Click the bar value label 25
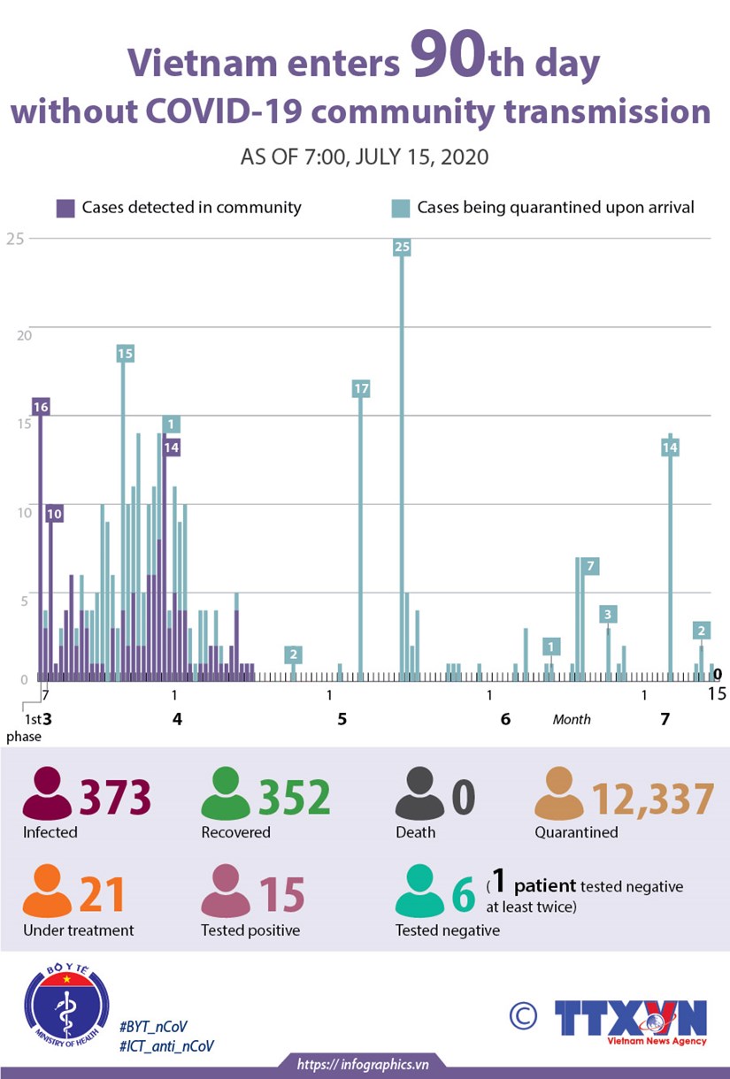click(402, 247)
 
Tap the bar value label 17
click(360, 388)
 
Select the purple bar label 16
click(40, 407)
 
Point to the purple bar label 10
click(54, 514)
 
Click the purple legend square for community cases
click(65, 209)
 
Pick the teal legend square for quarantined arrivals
click(401, 209)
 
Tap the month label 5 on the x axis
click(342, 719)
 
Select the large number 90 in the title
click(448, 65)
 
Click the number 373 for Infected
click(116, 798)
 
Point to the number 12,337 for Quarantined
click(652, 799)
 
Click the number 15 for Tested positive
click(281, 895)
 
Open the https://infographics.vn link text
click(363, 1064)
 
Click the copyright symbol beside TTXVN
click(524, 1015)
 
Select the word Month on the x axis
click(572, 719)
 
